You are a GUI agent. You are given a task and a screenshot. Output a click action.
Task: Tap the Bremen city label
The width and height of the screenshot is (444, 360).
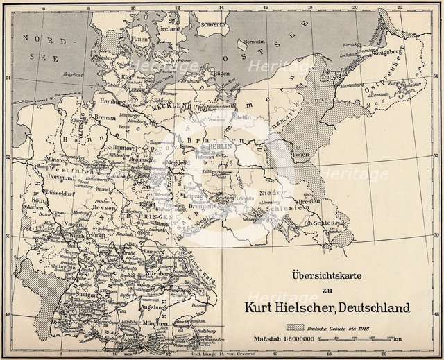tap(105, 118)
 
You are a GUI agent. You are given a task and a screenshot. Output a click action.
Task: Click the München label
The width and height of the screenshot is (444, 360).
tap(155, 323)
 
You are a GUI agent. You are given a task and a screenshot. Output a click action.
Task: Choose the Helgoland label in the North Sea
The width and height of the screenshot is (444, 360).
tap(73, 74)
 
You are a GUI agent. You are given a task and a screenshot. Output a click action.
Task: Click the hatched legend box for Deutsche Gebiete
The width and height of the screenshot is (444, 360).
tap(291, 325)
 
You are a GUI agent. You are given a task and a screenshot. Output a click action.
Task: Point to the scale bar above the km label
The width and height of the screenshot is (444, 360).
tap(366, 339)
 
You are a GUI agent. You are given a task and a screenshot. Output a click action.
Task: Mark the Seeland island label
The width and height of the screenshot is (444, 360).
tap(169, 29)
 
